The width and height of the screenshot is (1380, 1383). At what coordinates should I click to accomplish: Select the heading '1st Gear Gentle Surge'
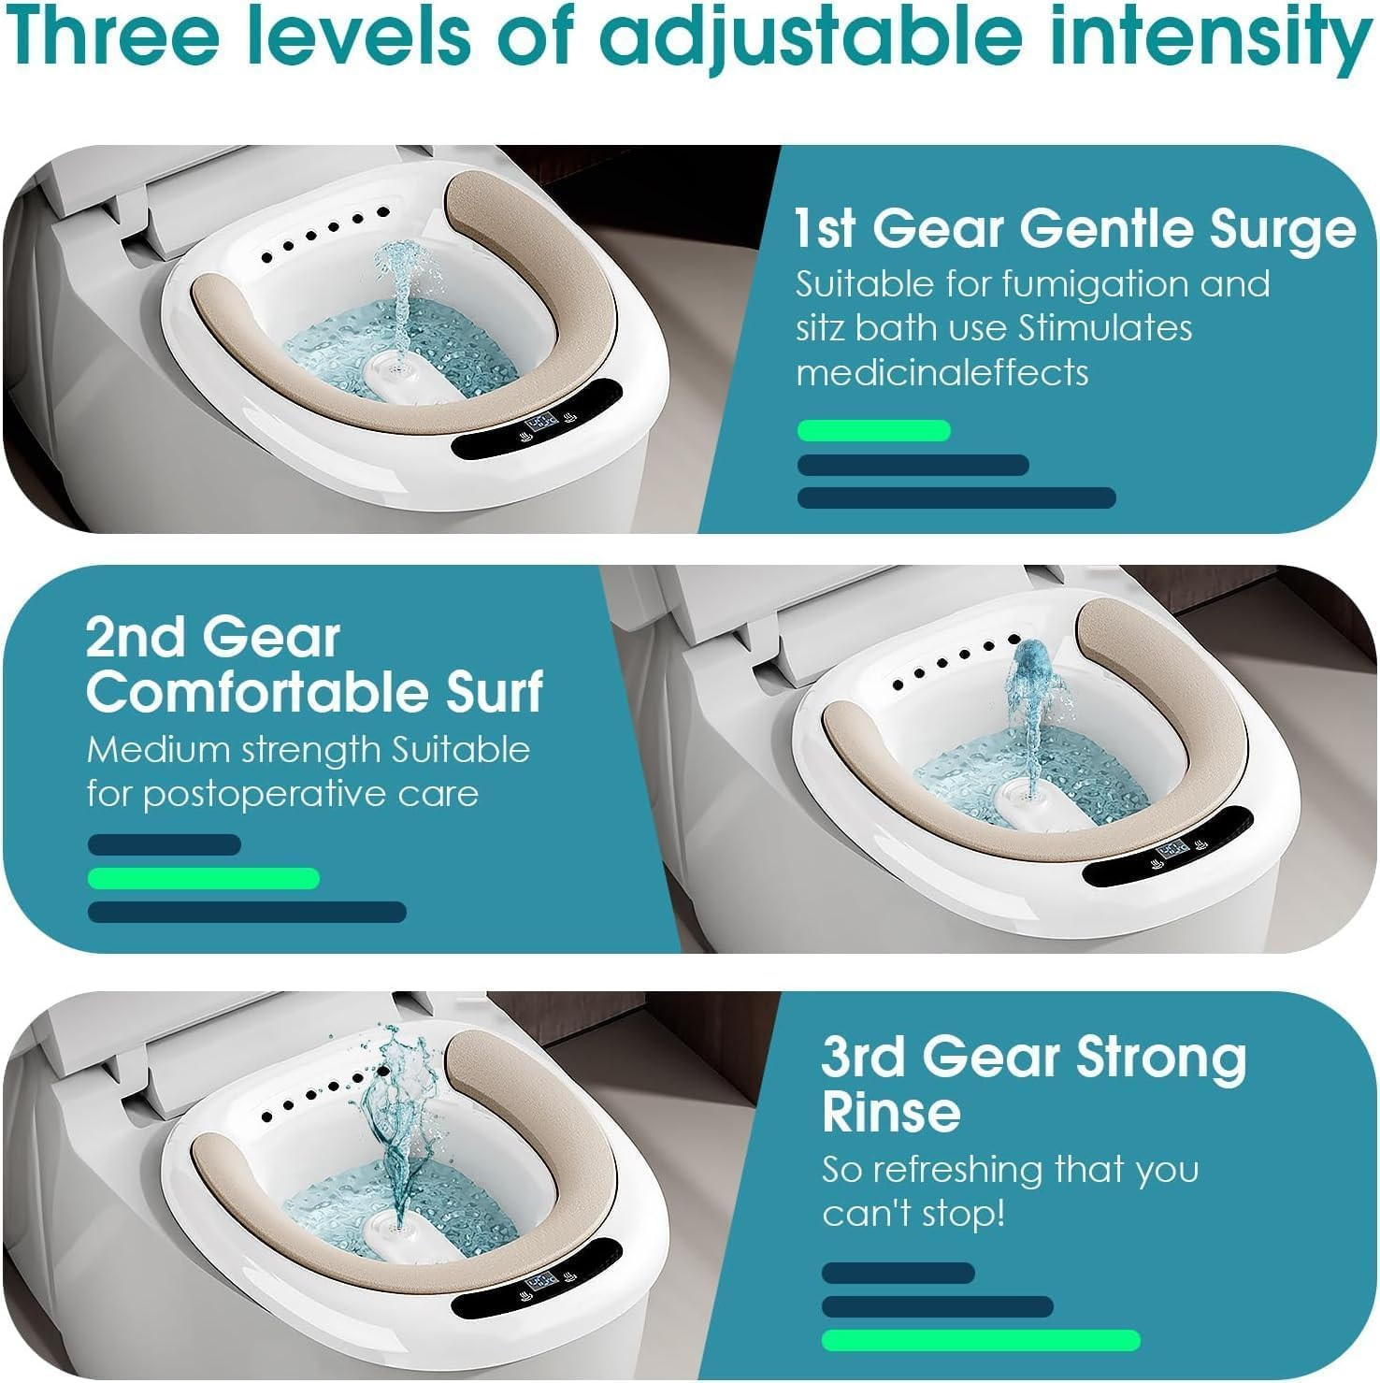(x=1074, y=229)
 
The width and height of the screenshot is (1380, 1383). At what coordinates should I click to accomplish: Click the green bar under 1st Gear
(x=873, y=431)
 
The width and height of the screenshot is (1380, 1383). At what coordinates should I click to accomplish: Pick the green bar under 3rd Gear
(x=980, y=1340)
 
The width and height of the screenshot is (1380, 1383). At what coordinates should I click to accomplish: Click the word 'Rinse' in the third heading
(x=891, y=1112)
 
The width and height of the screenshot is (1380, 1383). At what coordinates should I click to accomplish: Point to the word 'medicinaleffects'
(x=942, y=373)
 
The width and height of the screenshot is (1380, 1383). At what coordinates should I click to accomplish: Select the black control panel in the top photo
(x=538, y=420)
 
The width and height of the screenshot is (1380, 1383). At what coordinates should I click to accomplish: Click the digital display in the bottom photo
(x=541, y=1282)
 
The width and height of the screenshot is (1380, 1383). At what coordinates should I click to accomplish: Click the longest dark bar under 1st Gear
(x=956, y=497)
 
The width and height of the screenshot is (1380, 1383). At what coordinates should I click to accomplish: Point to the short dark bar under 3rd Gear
(x=898, y=1273)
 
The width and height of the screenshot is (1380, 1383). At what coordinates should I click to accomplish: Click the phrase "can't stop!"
(x=913, y=1214)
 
